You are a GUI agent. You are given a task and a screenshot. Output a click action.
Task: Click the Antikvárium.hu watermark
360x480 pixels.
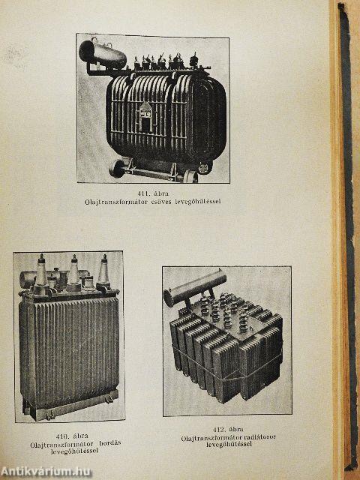tap(46, 472)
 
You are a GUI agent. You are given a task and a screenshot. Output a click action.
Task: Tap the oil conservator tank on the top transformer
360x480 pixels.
tap(103, 55)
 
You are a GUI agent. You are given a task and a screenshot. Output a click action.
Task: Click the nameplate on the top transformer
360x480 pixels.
tap(146, 115)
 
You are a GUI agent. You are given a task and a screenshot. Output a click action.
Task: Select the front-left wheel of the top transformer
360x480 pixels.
tap(117, 168)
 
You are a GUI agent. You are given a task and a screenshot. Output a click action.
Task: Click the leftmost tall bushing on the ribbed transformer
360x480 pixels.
tap(42, 273)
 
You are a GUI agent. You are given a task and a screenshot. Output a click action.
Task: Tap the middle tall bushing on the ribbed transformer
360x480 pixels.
tap(73, 272)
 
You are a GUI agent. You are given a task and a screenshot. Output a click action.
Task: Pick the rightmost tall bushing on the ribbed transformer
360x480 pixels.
tap(103, 271)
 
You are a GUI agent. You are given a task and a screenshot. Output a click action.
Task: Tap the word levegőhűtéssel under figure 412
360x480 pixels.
tap(229, 444)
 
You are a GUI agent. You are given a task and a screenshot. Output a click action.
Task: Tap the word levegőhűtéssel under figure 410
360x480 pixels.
tap(74, 451)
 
